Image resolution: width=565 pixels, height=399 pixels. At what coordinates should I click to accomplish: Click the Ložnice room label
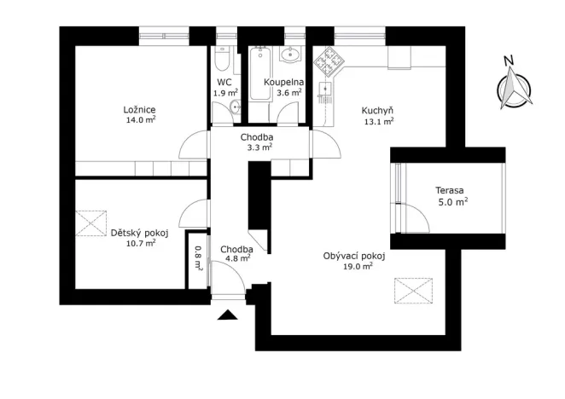click(139, 110)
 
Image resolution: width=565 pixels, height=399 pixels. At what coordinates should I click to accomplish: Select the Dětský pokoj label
click(140, 232)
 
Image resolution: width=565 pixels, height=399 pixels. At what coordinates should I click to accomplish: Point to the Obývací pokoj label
click(354, 255)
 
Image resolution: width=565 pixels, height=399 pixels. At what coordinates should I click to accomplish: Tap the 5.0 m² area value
click(452, 202)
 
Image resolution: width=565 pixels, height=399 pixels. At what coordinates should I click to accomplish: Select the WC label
click(224, 82)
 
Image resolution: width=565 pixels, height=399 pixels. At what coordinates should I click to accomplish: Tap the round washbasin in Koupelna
click(290, 56)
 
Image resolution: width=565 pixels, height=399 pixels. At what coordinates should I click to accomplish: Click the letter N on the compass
click(509, 61)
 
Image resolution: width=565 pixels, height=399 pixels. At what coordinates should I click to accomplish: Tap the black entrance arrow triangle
click(226, 315)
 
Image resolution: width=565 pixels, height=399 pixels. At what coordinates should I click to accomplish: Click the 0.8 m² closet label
click(198, 257)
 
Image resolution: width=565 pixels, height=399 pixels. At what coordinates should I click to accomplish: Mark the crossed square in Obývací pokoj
click(414, 291)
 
